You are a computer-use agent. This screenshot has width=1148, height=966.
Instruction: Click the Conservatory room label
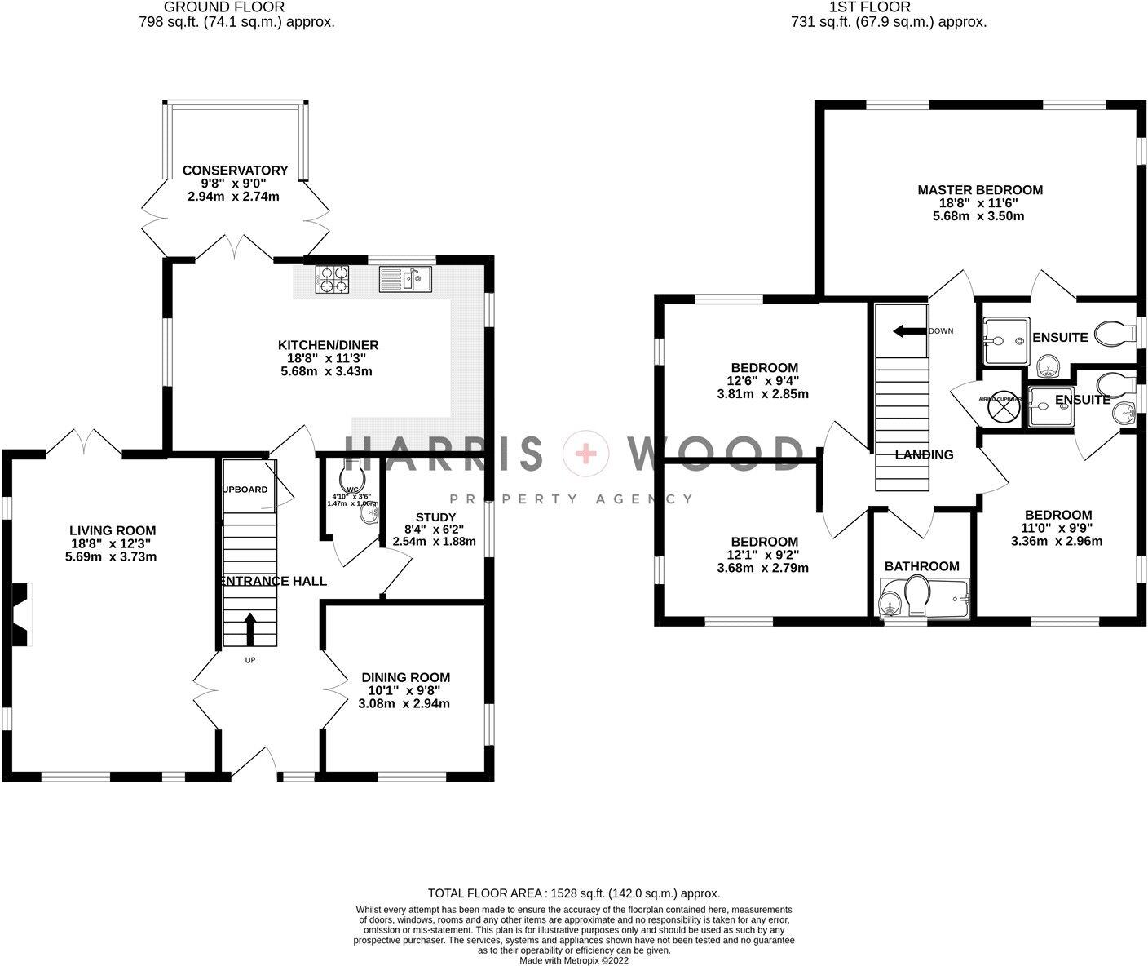coord(235,171)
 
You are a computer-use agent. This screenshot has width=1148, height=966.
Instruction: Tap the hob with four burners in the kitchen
coord(333,280)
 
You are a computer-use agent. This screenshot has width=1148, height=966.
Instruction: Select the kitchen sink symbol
coord(405,280)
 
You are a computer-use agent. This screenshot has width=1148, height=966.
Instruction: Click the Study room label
coord(435,517)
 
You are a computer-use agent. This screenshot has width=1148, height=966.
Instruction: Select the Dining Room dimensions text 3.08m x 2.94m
coord(404,703)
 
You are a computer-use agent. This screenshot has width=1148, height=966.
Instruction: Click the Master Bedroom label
coord(979,190)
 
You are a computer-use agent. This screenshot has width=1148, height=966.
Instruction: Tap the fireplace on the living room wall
coord(21,607)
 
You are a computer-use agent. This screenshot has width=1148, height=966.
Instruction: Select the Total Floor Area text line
coord(574,893)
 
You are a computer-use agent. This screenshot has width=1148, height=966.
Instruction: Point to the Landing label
coord(924,454)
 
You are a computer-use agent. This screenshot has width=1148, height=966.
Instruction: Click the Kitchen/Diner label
coord(328,345)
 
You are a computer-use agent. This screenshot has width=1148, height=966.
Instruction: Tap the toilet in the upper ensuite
coord(1114,333)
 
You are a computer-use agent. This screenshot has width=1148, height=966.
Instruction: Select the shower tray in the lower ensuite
coord(1051,406)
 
